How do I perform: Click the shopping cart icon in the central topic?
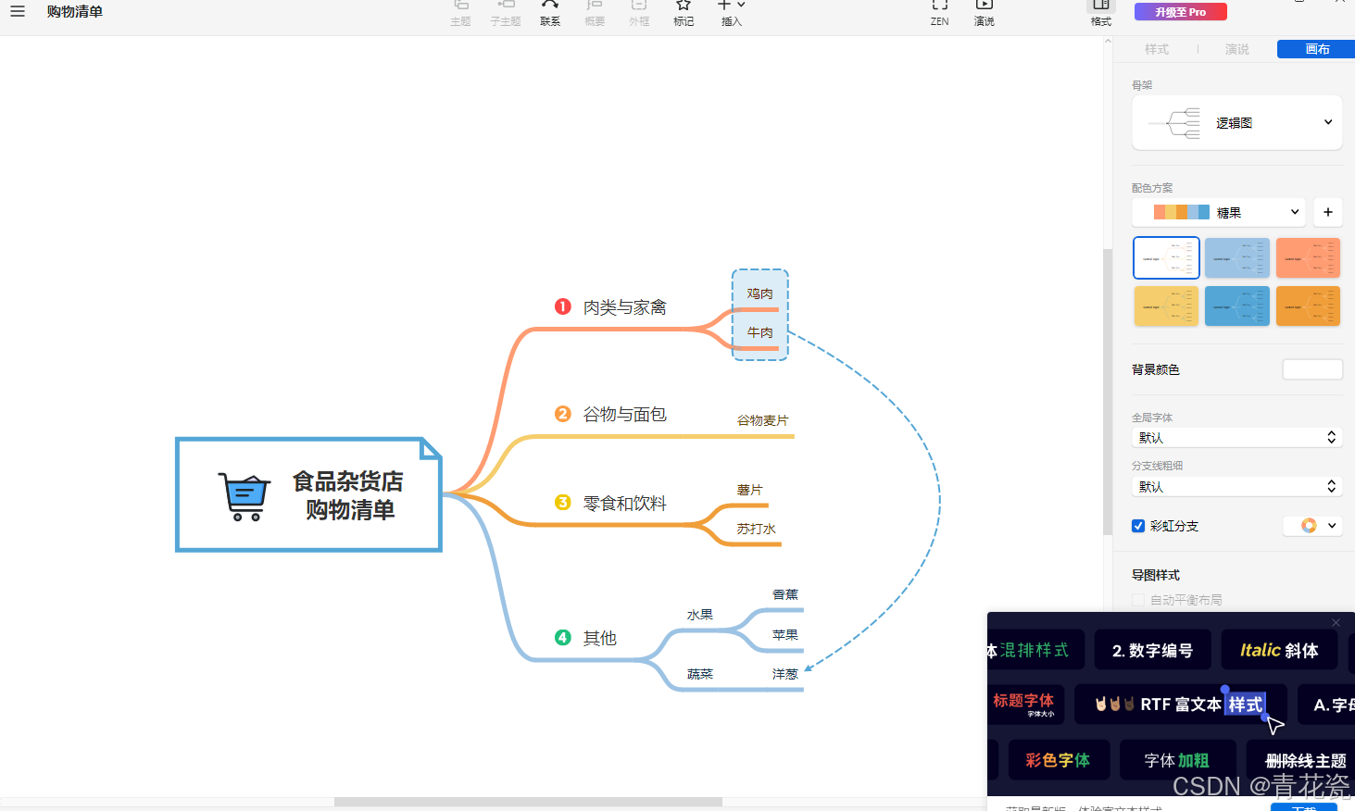(245, 496)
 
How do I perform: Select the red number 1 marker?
(563, 306)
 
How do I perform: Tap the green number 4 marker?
(563, 637)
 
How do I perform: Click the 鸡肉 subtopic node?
(759, 293)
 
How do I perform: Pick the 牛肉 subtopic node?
(759, 332)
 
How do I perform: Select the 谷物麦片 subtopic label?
(762, 420)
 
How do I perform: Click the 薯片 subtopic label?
(749, 490)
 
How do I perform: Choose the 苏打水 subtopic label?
(756, 529)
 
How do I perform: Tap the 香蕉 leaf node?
(784, 594)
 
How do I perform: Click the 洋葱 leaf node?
(784, 674)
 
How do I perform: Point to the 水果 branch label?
(699, 615)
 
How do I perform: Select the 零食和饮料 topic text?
(624, 504)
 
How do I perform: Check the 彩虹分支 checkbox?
(1138, 526)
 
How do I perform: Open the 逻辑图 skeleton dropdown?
(1236, 122)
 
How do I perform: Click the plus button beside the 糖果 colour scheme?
(1327, 212)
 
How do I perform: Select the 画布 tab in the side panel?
(1316, 49)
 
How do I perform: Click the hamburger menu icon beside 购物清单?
(18, 11)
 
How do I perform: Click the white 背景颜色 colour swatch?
(1311, 369)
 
